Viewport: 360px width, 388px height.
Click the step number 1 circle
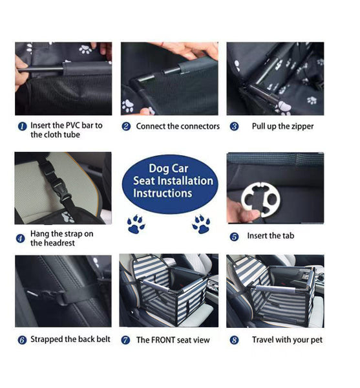[x=22, y=126]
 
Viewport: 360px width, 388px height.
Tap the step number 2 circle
[x=126, y=127]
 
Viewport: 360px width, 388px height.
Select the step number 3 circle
[x=234, y=127]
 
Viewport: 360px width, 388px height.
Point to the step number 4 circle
[x=21, y=238]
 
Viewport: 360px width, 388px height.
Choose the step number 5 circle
[x=234, y=237]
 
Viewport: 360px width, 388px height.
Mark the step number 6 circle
[x=22, y=340]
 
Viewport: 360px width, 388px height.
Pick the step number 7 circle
[x=126, y=340]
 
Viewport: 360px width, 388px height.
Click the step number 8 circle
[x=234, y=340]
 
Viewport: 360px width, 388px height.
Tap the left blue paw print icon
[x=136, y=224]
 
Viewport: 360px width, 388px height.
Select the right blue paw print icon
[x=201, y=224]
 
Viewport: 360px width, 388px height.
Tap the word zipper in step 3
[x=301, y=126]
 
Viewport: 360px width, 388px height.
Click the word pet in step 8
[x=315, y=339]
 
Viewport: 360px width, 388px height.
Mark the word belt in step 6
[x=102, y=339]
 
